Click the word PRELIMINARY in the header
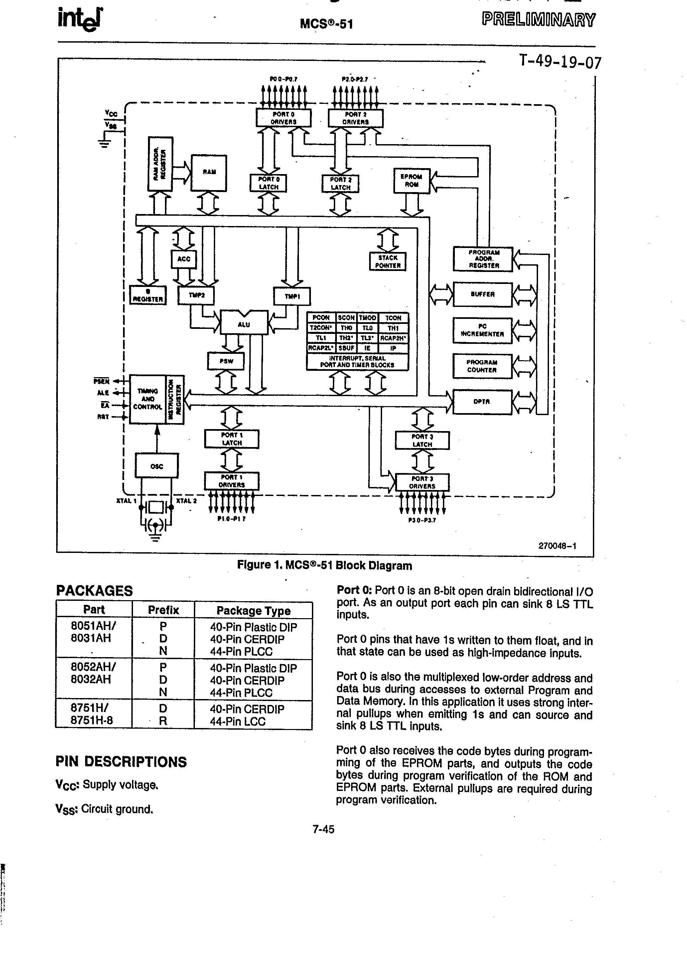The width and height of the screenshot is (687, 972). click(538, 20)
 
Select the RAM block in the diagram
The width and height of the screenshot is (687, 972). click(209, 173)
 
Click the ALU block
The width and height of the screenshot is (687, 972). click(244, 324)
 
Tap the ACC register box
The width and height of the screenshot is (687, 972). click(184, 259)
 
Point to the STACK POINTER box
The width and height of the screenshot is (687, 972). click(387, 262)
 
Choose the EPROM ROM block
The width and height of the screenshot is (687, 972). click(412, 181)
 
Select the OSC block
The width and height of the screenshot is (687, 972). click(157, 466)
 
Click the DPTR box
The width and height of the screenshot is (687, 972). click(482, 402)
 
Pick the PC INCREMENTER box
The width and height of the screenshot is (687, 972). click(482, 330)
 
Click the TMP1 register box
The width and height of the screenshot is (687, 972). click(292, 296)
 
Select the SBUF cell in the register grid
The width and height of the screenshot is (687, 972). click(346, 348)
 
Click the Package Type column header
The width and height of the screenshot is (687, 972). click(253, 610)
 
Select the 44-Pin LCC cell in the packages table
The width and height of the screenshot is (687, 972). click(238, 722)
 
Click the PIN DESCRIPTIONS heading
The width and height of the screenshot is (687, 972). click(121, 762)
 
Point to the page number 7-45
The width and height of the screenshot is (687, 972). click(323, 829)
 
